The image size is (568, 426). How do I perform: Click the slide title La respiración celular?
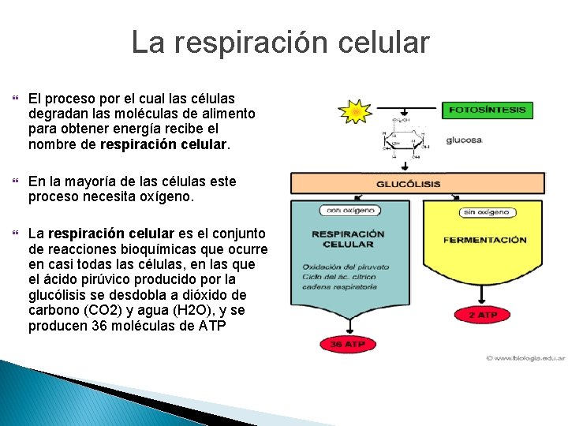click(280, 42)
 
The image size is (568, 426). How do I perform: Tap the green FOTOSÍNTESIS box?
click(487, 110)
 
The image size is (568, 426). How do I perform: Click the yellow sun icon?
click(355, 113)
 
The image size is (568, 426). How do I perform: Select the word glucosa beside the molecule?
click(464, 140)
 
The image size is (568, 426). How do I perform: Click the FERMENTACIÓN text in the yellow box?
click(484, 240)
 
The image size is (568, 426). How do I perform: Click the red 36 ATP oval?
click(348, 344)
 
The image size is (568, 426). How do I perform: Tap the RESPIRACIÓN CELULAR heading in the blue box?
click(348, 239)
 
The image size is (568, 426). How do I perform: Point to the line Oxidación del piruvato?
click(342, 267)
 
